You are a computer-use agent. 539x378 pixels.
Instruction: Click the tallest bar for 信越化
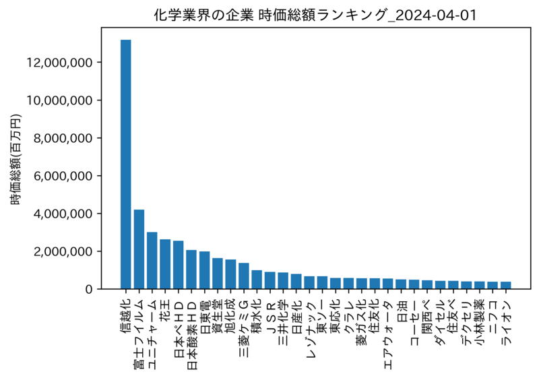[x=125, y=164]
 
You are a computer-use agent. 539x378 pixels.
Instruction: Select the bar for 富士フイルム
[x=139, y=249]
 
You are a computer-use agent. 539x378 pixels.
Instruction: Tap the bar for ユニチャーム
[x=152, y=261]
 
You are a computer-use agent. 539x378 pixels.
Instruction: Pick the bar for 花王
[x=165, y=264]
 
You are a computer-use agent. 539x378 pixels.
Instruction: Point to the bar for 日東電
[x=204, y=270]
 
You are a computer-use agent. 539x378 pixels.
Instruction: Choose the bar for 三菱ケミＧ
[x=244, y=276]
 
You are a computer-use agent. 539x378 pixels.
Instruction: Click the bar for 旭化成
[x=230, y=274]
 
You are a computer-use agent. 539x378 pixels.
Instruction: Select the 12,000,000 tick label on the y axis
[x=59, y=63]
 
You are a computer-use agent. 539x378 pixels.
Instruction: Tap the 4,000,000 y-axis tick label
[x=63, y=214]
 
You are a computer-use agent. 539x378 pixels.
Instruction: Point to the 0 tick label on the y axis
[x=89, y=289]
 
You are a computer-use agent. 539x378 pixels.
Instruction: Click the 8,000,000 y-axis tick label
[x=63, y=138]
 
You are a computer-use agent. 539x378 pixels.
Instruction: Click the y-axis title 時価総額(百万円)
[x=15, y=160]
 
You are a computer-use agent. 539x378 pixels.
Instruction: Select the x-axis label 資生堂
[x=217, y=317]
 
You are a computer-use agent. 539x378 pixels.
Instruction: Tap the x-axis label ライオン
[x=505, y=322]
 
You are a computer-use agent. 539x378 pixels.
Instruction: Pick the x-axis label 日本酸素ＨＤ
[x=191, y=335]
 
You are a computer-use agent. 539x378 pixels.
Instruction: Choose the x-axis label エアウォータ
[x=388, y=335]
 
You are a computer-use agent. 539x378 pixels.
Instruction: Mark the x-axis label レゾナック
[x=309, y=329]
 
